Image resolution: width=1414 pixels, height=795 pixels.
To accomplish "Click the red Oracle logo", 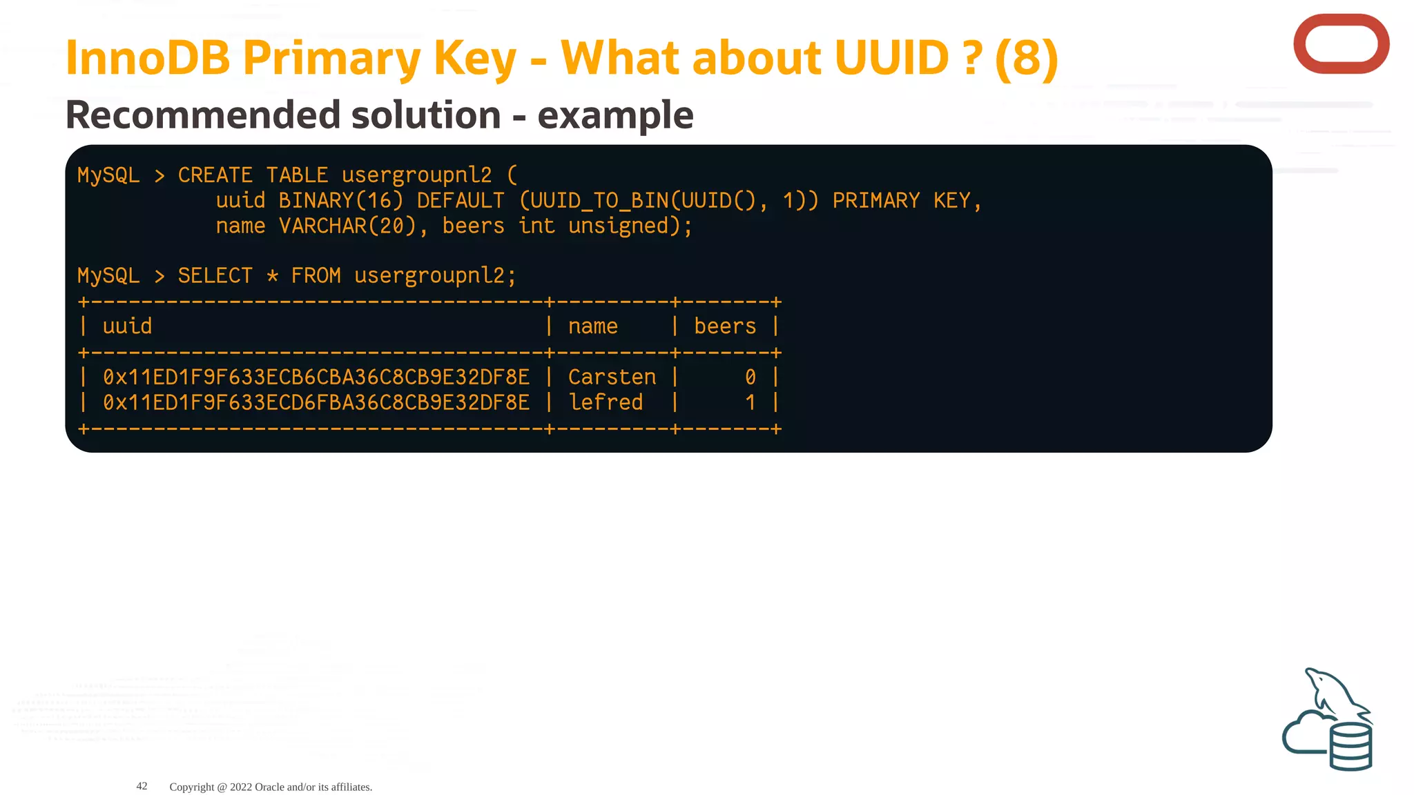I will [x=1341, y=44].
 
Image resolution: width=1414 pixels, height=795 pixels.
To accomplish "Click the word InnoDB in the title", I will [x=147, y=58].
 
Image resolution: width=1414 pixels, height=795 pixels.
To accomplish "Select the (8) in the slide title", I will [x=1027, y=58].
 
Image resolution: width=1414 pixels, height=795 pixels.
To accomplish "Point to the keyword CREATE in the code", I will [x=215, y=175].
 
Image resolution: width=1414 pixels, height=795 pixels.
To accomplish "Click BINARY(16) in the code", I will [x=340, y=201].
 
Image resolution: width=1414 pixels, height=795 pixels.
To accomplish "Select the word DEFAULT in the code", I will [x=461, y=201].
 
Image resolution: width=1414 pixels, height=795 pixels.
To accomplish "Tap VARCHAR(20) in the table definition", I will [x=347, y=226].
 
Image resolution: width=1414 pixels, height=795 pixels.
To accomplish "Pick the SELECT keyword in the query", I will [x=215, y=276].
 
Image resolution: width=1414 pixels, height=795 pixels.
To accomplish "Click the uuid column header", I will [x=127, y=326].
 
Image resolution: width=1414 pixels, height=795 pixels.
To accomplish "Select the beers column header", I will [x=724, y=326].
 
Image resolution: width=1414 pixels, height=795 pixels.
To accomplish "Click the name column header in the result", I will [x=592, y=326].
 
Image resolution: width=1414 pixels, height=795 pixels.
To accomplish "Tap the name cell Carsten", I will [x=612, y=377].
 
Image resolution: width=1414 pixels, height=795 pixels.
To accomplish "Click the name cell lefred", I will [x=606, y=403].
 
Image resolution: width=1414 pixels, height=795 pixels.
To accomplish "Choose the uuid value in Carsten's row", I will [x=316, y=377].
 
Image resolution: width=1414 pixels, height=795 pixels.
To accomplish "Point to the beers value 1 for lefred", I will [x=750, y=403].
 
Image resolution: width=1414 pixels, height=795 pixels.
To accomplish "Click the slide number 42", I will [x=142, y=786].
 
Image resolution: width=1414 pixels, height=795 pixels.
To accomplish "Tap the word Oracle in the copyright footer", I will [x=269, y=787].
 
